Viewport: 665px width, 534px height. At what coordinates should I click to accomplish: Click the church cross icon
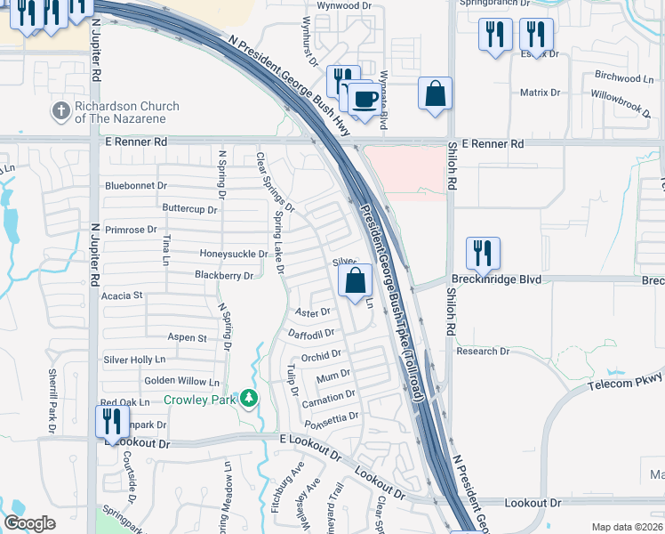(x=61, y=111)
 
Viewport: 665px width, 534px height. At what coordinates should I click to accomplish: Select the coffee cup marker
(x=362, y=99)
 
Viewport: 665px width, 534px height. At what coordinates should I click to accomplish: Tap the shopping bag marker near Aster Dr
(x=355, y=280)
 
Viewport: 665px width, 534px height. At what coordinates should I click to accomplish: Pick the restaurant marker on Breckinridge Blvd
(x=483, y=253)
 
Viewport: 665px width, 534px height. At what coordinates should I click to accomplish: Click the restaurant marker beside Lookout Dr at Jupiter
(x=108, y=420)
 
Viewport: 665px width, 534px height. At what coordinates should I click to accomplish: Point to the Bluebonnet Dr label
(x=136, y=186)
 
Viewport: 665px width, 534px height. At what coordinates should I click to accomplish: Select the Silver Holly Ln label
(x=135, y=360)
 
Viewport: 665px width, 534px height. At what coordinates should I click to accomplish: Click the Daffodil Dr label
(x=311, y=333)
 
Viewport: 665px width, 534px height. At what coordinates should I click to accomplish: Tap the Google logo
(x=29, y=523)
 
